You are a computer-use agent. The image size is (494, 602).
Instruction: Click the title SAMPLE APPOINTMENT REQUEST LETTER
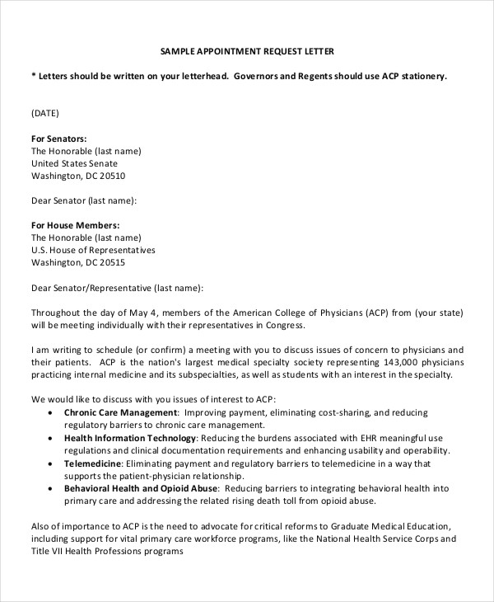[x=247, y=51]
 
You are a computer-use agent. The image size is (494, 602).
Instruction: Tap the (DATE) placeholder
[x=45, y=113]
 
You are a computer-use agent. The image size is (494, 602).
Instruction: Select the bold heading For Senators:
[x=58, y=139]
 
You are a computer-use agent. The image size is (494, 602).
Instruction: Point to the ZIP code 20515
[x=110, y=263]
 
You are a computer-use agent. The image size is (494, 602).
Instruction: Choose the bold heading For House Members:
[x=75, y=225]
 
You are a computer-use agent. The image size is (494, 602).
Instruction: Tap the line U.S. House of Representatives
[x=93, y=251]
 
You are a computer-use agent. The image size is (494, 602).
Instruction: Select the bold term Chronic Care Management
[x=121, y=412]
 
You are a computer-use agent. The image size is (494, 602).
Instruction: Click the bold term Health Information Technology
[x=130, y=437]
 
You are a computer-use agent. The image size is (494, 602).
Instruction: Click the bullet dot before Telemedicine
[x=54, y=464]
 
